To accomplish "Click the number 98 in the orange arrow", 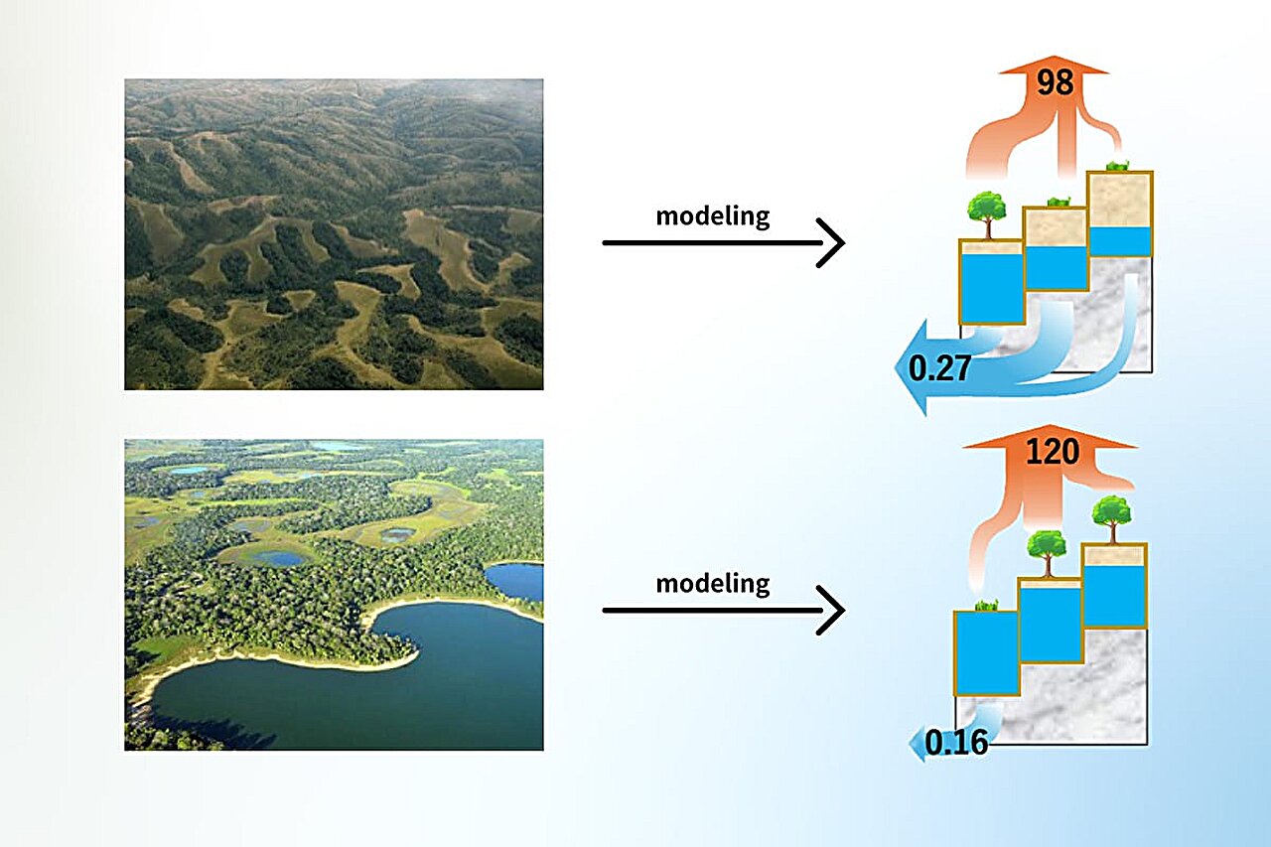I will (1055, 82).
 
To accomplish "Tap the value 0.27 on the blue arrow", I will (939, 369).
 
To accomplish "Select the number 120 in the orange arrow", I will (1052, 453).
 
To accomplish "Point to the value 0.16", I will (956, 742).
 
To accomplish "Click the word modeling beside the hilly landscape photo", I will (712, 215).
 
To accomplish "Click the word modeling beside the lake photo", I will (712, 583).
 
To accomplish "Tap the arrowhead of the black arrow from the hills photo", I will (832, 242).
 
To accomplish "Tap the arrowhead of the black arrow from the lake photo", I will (832, 610).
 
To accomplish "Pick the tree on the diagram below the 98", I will (988, 212).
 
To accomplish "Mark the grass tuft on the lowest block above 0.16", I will (986, 604).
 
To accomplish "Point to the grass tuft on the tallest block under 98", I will (1118, 166).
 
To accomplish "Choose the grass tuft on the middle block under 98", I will (1057, 202).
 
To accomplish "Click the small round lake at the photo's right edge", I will (514, 581).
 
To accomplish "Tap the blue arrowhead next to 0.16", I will (917, 744).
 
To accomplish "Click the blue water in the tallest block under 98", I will (1119, 241).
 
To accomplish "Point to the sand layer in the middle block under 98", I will (1056, 227).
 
